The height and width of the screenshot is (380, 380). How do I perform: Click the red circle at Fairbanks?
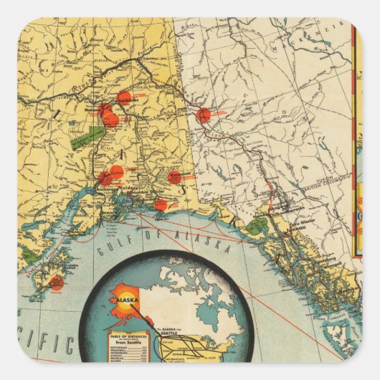[124, 98]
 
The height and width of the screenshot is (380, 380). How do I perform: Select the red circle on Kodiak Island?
[57, 282]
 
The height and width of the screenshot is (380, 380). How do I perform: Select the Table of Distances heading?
[126, 336]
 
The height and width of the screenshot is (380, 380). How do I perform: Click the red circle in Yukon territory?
[204, 115]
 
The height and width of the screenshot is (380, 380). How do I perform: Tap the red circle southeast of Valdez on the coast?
[161, 205]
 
